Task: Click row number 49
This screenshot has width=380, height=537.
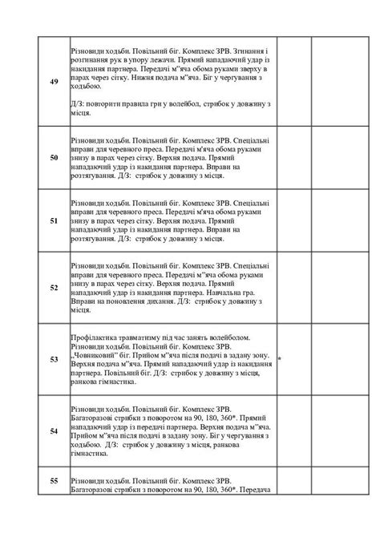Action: coord(53,83)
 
